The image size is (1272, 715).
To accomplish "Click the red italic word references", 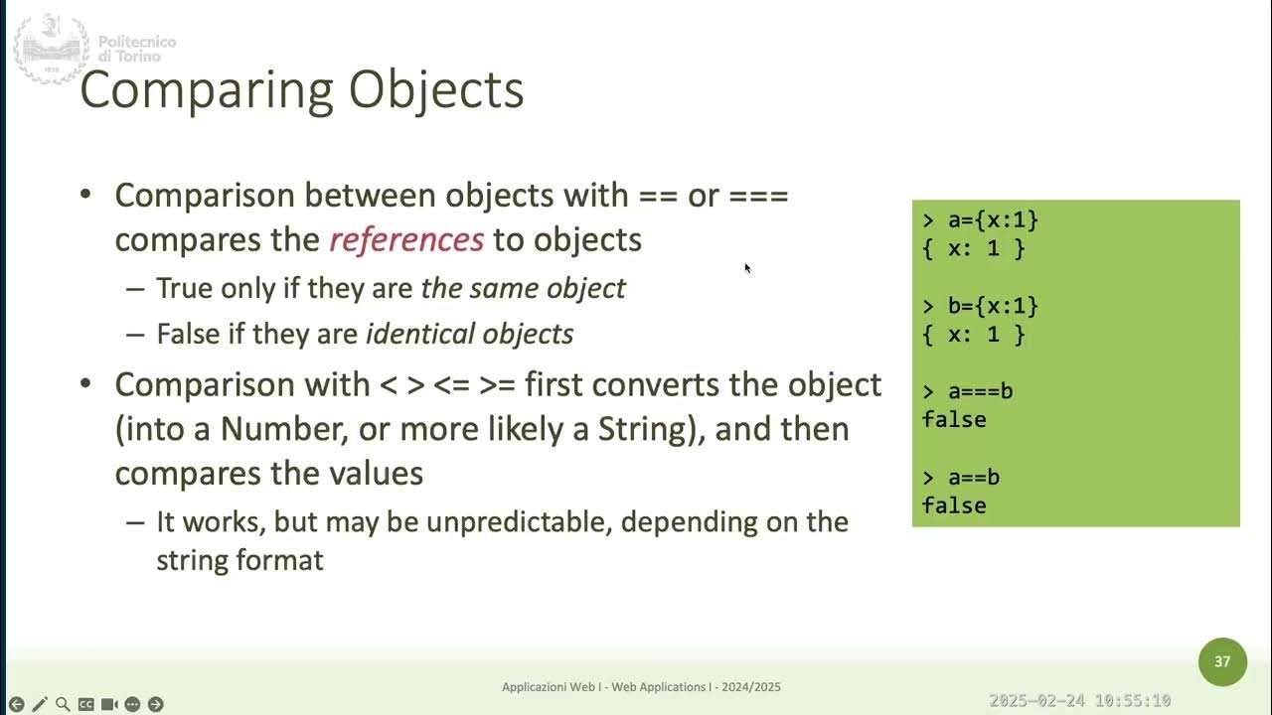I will pos(406,239).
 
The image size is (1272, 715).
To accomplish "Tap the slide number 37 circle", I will pos(1222,661).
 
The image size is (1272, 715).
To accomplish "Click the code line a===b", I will pos(980,391).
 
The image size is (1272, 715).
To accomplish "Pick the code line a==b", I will pos(973,478).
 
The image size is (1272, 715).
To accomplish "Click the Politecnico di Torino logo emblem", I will pos(51,48).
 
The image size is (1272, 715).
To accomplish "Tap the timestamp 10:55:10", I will pos(1128,701).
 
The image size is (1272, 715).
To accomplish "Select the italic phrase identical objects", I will pos(469,334).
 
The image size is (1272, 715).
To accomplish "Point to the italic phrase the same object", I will pos(523,288).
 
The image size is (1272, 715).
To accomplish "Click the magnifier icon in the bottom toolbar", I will pos(63,704).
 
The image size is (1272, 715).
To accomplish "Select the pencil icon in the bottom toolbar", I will pos(40,704).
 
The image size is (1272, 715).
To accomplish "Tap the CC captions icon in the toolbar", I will pos(86,704).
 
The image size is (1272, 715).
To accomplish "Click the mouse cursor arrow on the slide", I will pos(746,266).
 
